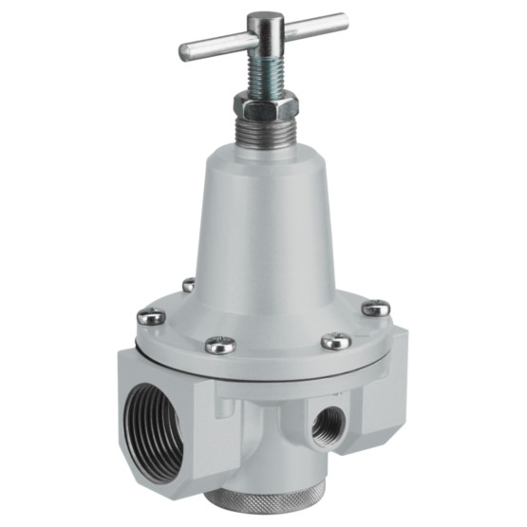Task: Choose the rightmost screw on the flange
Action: point(376,308)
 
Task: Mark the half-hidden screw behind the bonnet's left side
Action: point(189,284)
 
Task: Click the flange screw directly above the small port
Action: point(336,341)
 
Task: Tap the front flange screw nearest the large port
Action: point(220,346)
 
